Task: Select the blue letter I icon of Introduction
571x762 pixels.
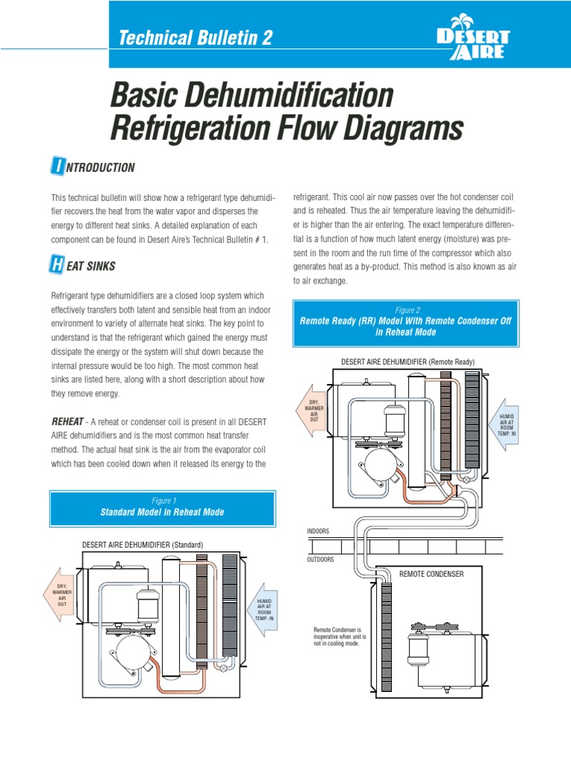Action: tap(57, 167)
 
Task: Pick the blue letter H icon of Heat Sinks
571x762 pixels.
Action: tap(57, 265)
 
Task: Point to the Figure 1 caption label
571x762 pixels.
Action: tap(162, 501)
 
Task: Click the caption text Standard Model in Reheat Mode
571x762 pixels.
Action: tap(162, 513)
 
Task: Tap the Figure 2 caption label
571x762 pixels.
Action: tap(407, 310)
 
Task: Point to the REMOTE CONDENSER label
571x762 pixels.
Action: tap(431, 574)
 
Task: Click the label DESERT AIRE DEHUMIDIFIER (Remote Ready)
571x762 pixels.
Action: tap(407, 361)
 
